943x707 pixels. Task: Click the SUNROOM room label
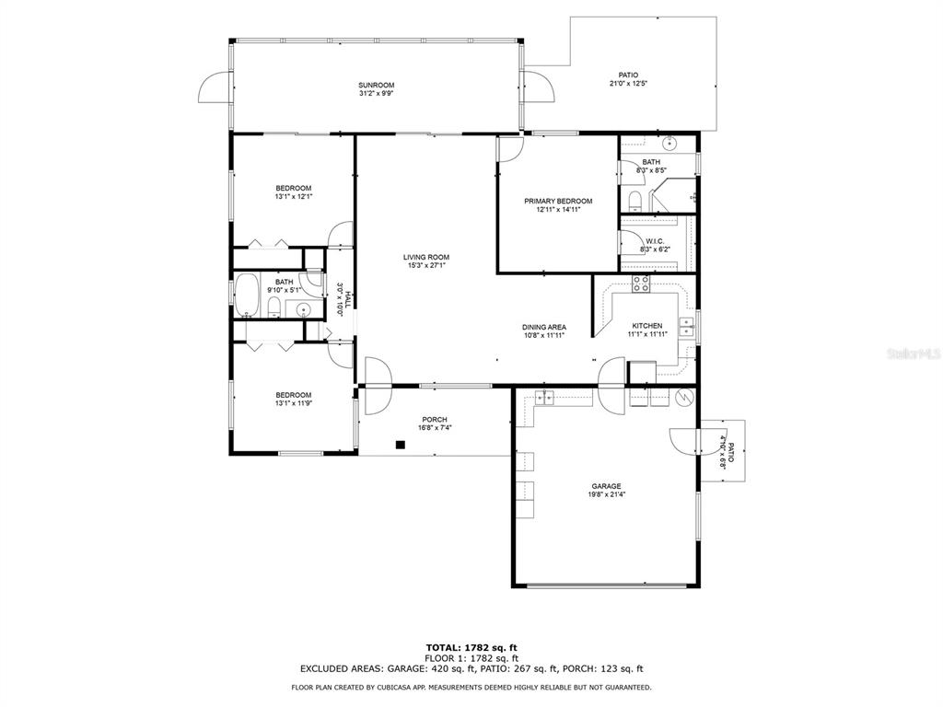click(x=376, y=86)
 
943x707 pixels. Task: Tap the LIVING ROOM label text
click(x=425, y=258)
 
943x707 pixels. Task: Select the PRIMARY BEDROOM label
click(x=558, y=202)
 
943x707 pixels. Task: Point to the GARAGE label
click(x=606, y=486)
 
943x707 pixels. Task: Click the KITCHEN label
click(x=647, y=326)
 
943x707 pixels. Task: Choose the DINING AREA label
click(x=544, y=328)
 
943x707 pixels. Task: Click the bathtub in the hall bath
click(x=246, y=296)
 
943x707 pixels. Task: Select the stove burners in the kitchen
click(x=641, y=284)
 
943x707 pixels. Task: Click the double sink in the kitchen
click(x=686, y=328)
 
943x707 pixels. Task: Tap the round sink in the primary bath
click(x=669, y=144)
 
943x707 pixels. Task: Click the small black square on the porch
click(x=400, y=445)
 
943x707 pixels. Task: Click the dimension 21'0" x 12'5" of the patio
click(x=628, y=84)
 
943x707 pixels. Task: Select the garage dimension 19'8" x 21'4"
click(x=606, y=494)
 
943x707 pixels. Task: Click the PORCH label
click(x=435, y=420)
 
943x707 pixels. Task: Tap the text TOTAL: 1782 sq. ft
click(x=471, y=647)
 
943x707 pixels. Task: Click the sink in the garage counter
click(x=545, y=398)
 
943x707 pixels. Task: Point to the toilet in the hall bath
click(x=274, y=307)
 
